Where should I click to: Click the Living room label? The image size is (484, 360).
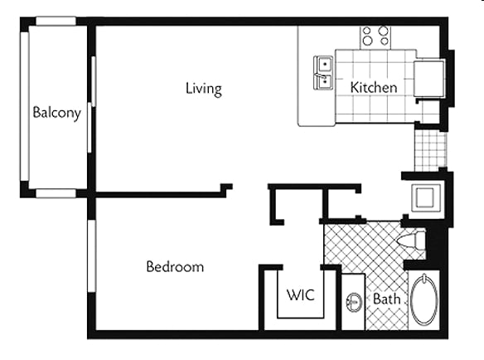click(204, 89)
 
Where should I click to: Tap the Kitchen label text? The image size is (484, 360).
click(374, 87)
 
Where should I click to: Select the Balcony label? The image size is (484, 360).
click(57, 113)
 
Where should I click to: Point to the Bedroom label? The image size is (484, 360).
click(175, 266)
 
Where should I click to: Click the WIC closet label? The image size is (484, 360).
click(301, 294)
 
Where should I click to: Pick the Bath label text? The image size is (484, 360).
click(387, 299)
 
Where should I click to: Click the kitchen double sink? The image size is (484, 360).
click(323, 73)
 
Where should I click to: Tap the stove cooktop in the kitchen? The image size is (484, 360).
click(375, 37)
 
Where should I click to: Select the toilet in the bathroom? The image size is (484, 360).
click(411, 239)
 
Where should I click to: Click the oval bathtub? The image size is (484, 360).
click(424, 300)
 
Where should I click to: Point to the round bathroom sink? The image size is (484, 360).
click(354, 302)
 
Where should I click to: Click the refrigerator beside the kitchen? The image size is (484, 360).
click(429, 79)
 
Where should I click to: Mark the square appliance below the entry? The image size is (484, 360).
click(426, 197)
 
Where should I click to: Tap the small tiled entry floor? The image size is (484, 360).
click(430, 150)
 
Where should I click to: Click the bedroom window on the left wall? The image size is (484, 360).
click(92, 255)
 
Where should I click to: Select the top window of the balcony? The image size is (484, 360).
click(56, 21)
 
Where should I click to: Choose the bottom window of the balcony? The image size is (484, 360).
click(56, 193)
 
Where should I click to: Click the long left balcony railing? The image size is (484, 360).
click(25, 106)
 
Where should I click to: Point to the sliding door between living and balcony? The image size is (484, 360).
click(91, 105)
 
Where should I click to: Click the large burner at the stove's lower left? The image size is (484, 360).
click(368, 41)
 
